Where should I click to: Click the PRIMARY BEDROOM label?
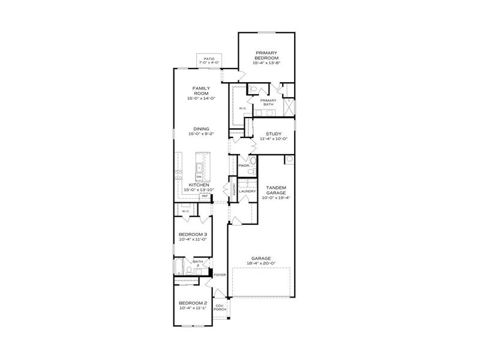click(x=267, y=55)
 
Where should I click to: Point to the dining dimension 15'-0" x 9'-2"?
click(x=201, y=134)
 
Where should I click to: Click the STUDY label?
click(x=274, y=134)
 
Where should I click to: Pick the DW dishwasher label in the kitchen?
click(x=197, y=176)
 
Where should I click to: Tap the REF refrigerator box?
click(x=205, y=196)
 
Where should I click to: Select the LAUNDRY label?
click(x=247, y=191)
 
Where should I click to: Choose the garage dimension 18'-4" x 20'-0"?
click(x=261, y=263)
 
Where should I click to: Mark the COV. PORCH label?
click(x=220, y=307)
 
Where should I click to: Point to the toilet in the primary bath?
click(x=253, y=90)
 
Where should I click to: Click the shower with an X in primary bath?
click(x=288, y=107)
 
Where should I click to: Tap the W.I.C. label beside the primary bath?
click(x=242, y=109)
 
